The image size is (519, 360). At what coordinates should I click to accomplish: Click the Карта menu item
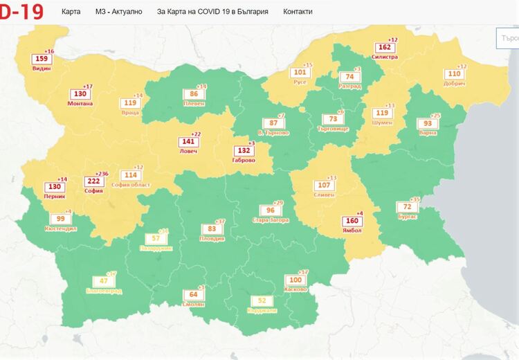[71, 12]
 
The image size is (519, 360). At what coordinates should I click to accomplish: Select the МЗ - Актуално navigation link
[119, 12]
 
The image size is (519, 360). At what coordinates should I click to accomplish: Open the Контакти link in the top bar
[298, 12]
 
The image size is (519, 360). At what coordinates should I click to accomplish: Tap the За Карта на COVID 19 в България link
[212, 12]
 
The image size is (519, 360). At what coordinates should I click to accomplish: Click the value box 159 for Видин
[42, 60]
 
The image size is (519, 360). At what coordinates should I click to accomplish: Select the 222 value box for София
[93, 181]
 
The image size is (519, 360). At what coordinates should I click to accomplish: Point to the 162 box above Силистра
[385, 48]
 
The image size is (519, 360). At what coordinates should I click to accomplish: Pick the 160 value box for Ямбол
[351, 222]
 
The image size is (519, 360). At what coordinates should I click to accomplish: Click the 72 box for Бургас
[408, 207]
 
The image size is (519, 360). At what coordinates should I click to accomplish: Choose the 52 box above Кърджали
[262, 300]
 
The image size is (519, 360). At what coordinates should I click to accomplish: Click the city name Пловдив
[212, 238]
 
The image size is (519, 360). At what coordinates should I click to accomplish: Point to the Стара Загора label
[271, 219]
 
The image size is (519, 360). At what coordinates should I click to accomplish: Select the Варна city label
[429, 133]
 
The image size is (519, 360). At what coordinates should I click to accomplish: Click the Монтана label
[80, 103]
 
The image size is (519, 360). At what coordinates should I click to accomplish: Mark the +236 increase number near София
[102, 173]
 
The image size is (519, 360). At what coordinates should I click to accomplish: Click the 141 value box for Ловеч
[188, 141]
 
